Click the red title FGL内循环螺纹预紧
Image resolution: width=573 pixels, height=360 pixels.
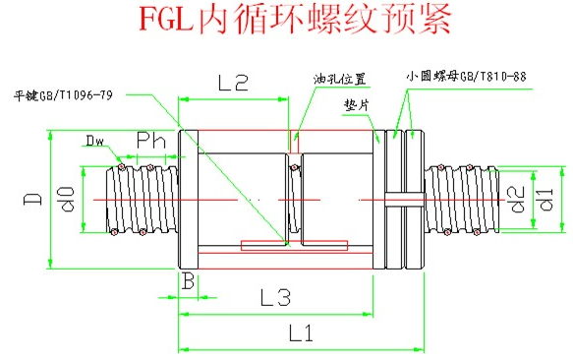295,19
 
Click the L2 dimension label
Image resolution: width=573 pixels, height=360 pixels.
233,83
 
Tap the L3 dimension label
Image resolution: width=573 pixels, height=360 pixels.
276,297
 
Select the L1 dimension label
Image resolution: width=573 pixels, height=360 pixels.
301,332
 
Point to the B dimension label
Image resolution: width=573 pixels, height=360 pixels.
188,281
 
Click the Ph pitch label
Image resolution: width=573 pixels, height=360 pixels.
151,141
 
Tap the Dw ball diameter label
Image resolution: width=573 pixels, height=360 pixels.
94,141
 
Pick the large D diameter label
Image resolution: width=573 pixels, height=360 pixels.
32,199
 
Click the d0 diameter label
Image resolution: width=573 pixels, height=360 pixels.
68,199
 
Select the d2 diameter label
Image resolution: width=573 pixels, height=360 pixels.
517,199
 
